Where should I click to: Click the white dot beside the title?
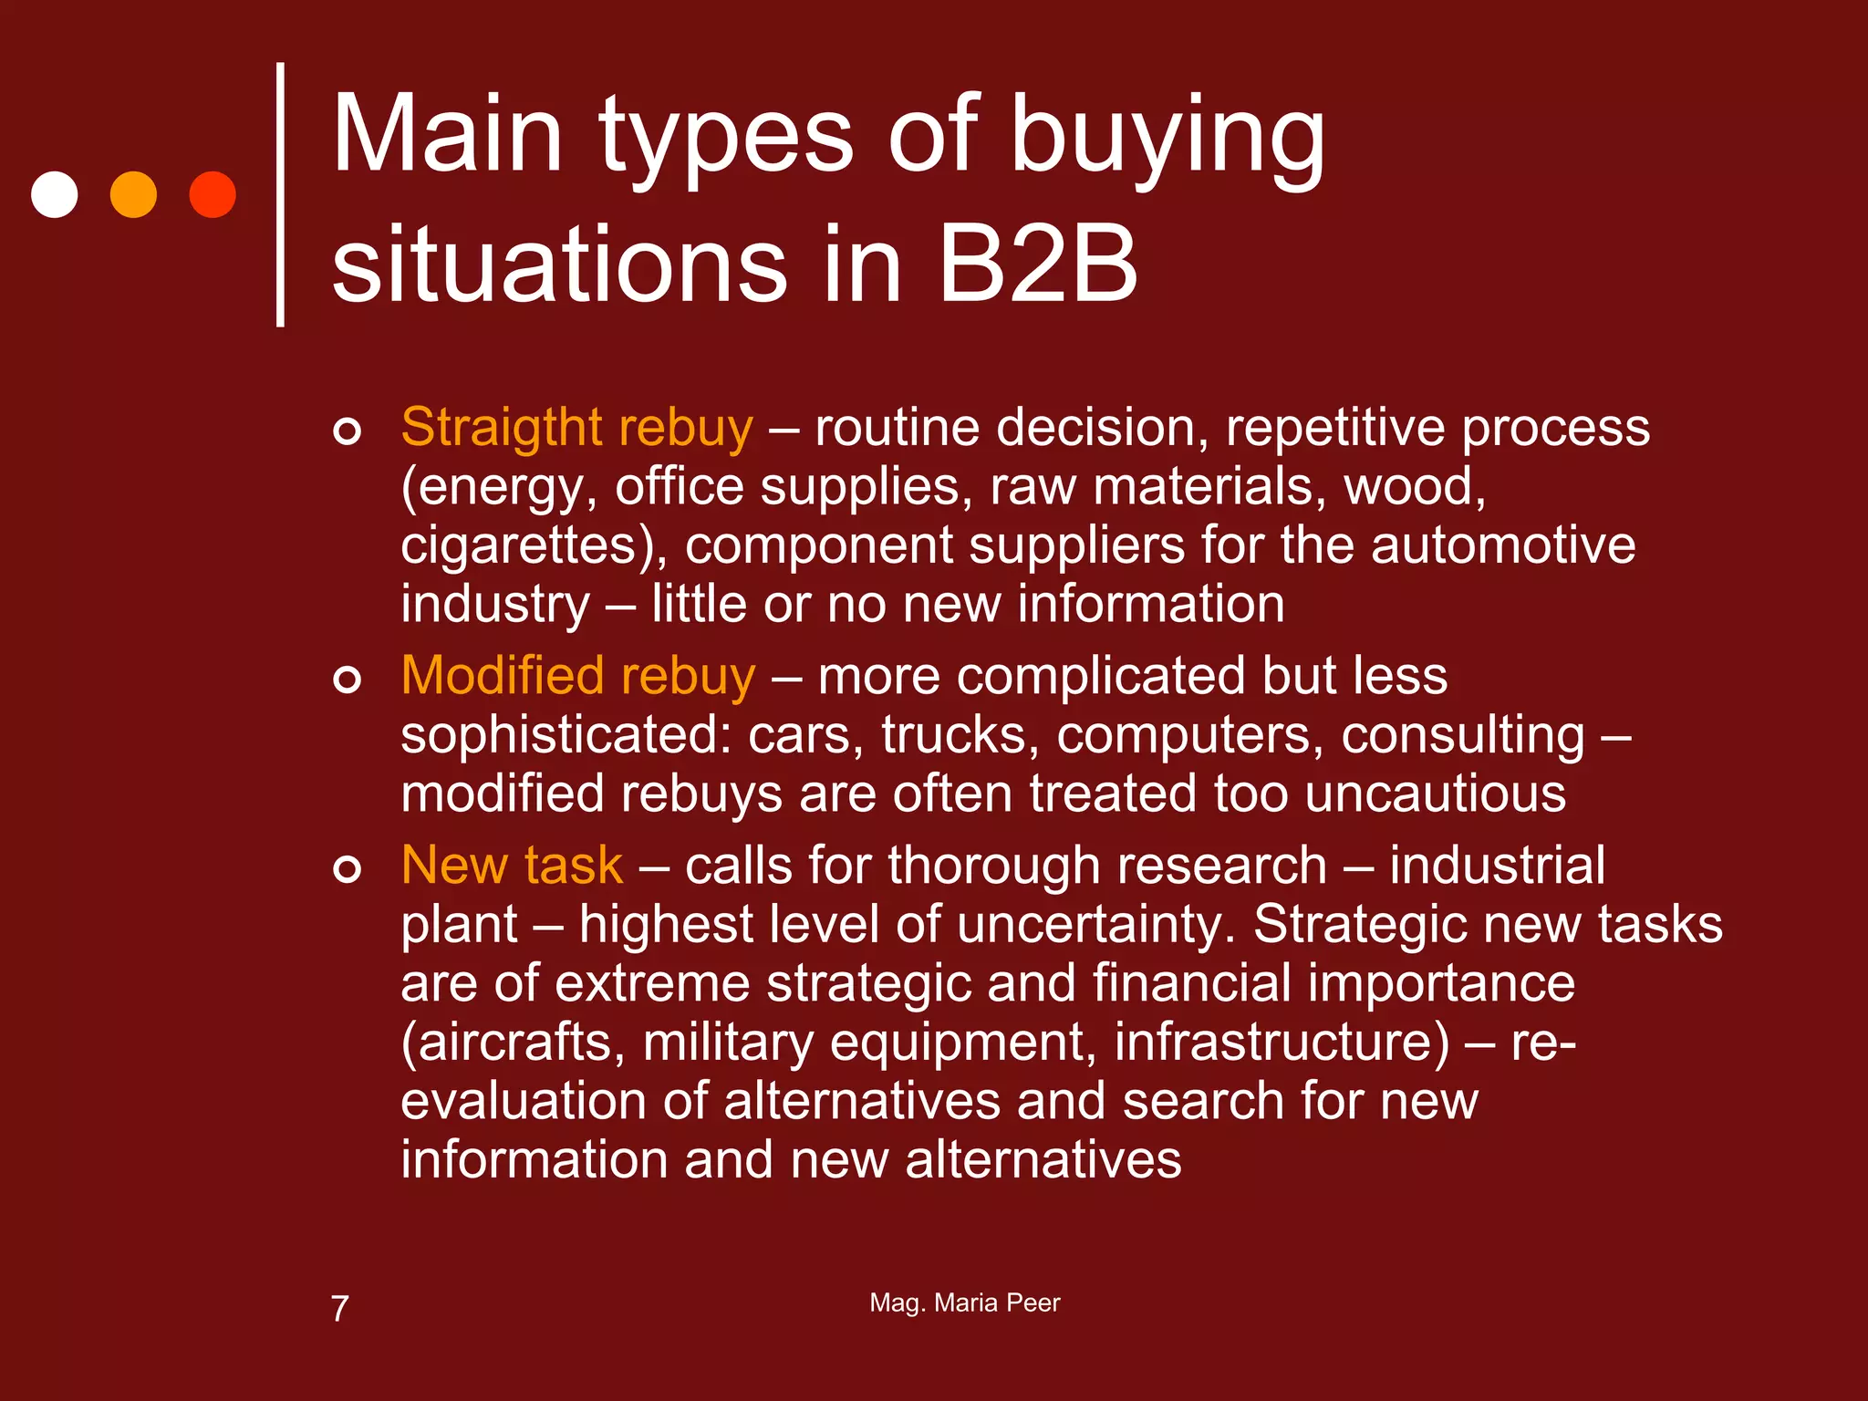[55, 194]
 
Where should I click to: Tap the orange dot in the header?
[133, 194]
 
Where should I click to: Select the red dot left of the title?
[213, 194]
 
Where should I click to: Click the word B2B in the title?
[1037, 265]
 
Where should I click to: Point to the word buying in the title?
[1167, 137]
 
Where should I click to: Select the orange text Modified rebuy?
[578, 676]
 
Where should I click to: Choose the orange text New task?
[512, 865]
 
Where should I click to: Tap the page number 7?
[339, 1309]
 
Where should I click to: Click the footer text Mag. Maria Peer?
[965, 1302]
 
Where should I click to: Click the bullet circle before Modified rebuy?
[347, 680]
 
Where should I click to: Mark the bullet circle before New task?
[347, 868]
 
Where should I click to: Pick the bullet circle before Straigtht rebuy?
[347, 431]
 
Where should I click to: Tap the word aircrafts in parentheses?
[513, 1042]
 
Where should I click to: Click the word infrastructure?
[1281, 1042]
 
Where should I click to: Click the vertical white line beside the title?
[280, 194]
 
